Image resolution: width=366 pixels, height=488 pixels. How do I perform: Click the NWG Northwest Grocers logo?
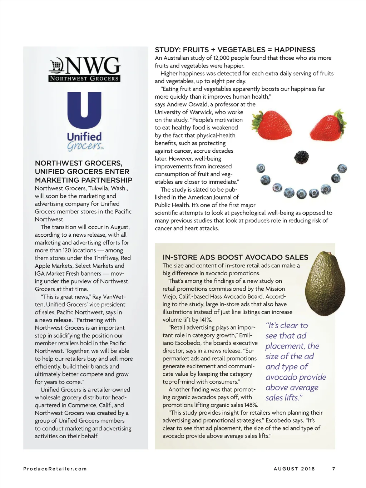84,69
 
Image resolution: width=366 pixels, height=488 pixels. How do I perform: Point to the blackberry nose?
301,157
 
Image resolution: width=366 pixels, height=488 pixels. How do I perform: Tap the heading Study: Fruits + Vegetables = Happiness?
235,50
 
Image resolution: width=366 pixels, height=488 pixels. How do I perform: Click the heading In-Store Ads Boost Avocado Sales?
235,257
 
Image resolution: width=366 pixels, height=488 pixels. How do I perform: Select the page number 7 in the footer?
333,469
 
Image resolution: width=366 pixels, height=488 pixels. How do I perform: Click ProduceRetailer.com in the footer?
55,469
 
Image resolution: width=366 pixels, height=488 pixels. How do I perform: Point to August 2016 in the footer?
294,469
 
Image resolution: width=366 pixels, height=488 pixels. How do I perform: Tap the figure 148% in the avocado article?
250,405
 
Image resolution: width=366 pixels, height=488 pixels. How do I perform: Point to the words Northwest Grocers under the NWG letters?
84,79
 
